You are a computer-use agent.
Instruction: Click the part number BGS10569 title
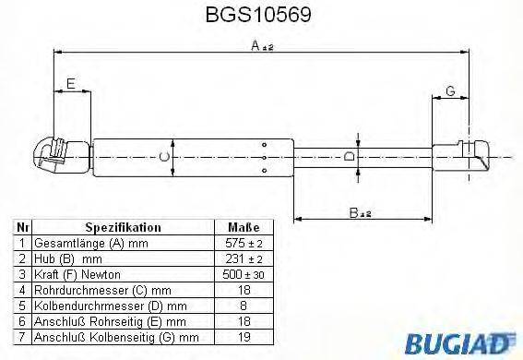click(261, 16)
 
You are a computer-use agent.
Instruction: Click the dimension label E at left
click(70, 84)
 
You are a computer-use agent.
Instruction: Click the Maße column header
click(244, 227)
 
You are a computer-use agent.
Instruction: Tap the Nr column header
click(22, 227)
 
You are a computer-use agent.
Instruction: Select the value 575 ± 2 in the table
click(244, 242)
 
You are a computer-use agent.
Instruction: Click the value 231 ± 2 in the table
click(244, 258)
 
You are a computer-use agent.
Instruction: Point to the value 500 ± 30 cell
click(244, 273)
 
